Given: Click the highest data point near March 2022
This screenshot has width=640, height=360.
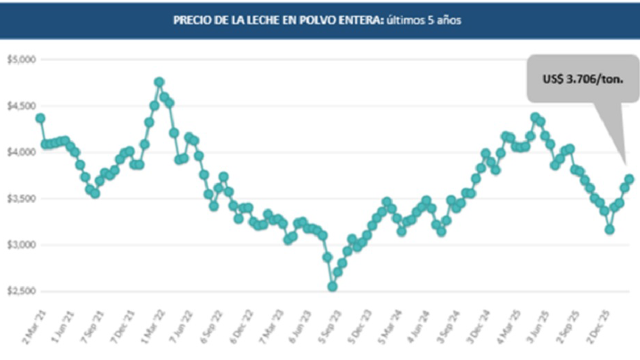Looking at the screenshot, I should [x=159, y=82].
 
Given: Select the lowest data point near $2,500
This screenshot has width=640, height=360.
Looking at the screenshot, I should [x=332, y=286].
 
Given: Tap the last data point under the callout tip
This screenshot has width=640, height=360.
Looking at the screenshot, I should [x=629, y=179].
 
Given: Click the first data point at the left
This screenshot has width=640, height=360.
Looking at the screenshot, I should [x=40, y=118].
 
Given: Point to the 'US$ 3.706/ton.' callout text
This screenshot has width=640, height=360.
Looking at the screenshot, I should [x=582, y=79].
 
